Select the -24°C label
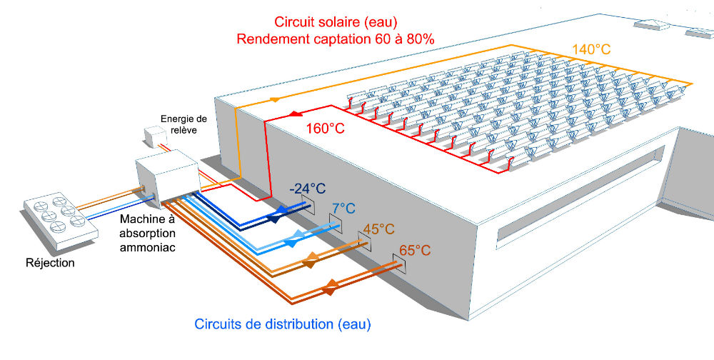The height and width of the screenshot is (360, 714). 307,189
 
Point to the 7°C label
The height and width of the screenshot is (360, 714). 342,209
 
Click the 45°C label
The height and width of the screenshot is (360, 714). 378,229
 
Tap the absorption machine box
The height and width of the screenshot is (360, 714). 166,179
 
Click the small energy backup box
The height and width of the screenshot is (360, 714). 154,136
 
